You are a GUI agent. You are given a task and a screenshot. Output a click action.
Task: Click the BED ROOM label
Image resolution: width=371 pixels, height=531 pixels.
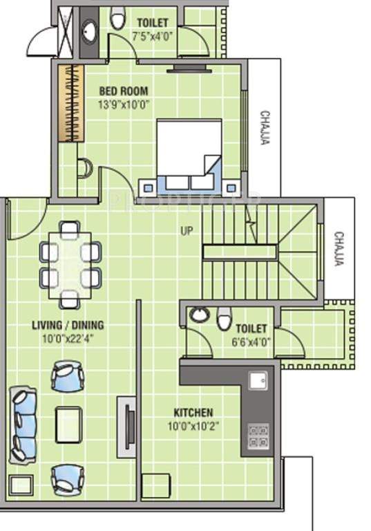[123, 91]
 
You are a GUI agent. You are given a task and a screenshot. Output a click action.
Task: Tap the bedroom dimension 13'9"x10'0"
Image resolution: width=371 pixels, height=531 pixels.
[124, 104]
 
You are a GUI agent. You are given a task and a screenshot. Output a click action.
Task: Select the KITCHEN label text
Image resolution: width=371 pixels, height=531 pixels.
[193, 412]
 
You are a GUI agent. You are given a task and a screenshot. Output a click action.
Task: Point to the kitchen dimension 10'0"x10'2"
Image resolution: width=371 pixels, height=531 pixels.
[193, 426]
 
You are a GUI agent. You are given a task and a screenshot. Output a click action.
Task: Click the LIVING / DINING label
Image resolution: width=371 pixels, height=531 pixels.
[68, 324]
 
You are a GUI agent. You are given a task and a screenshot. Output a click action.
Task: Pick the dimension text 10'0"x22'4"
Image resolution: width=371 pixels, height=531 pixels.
[68, 338]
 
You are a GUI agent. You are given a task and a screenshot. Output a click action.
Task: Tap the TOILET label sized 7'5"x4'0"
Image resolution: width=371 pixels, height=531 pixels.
[152, 23]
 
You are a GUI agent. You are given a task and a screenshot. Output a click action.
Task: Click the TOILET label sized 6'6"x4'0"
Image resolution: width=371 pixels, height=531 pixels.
[251, 328]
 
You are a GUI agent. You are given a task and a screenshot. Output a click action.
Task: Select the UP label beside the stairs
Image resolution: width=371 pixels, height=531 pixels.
[187, 231]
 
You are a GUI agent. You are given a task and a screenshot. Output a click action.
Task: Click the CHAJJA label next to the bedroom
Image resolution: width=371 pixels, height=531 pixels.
[264, 128]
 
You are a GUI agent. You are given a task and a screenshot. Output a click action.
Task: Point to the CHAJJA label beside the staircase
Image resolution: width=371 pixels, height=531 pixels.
[339, 249]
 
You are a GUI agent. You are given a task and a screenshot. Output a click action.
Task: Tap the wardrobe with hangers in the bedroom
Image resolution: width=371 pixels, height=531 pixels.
[67, 103]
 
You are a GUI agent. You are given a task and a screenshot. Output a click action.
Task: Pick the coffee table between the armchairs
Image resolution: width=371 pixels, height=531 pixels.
[68, 424]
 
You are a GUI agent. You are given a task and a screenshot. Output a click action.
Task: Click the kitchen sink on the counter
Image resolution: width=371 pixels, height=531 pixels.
[258, 381]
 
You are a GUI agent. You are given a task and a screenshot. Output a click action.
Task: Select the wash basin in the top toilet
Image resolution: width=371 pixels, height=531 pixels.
[90, 30]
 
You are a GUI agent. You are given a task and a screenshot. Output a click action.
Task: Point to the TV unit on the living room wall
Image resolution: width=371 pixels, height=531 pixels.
[126, 425]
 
